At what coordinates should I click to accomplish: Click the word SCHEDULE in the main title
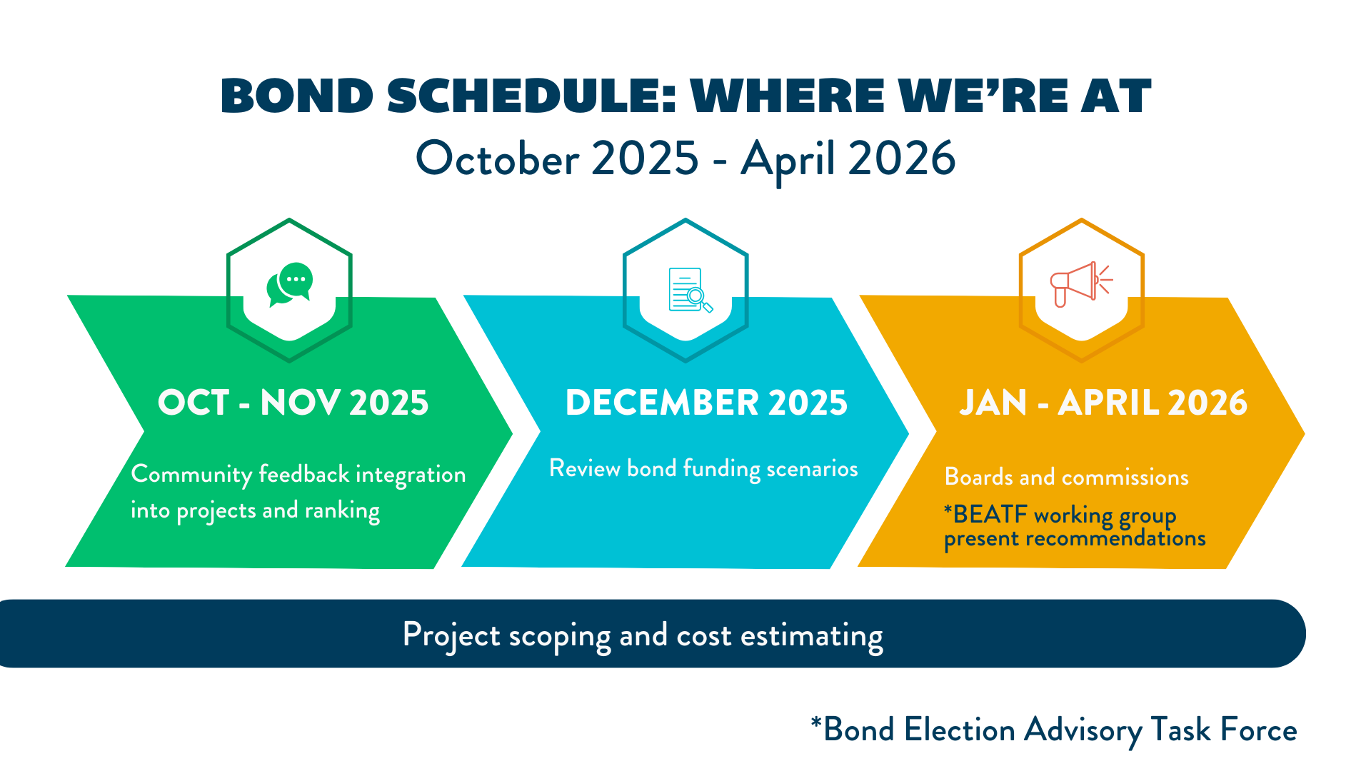point(531,96)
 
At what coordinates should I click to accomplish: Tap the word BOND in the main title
point(297,96)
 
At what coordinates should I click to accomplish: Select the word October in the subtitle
point(498,158)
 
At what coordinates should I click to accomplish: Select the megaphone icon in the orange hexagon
point(1081,283)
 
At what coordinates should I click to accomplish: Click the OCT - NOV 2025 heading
point(293,403)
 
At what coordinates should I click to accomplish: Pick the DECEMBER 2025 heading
point(706,403)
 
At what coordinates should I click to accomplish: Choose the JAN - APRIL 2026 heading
point(1103,403)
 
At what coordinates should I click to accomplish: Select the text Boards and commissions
point(1067,477)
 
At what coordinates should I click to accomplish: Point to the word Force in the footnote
point(1259,730)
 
